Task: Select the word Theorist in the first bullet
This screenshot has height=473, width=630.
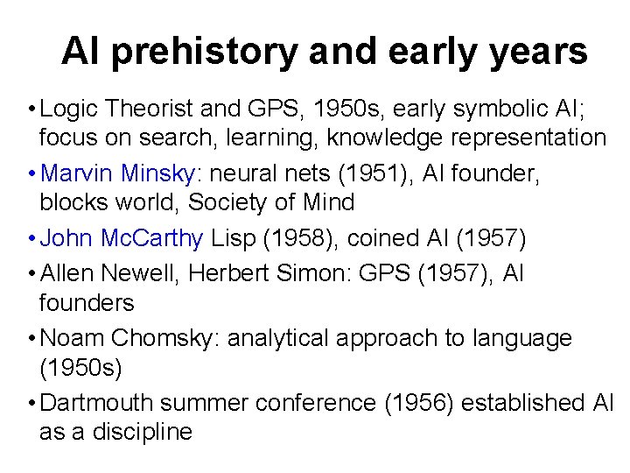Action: [156, 109]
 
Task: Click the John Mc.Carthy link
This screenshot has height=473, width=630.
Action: [122, 238]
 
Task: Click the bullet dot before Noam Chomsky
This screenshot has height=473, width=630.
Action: [31, 339]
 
